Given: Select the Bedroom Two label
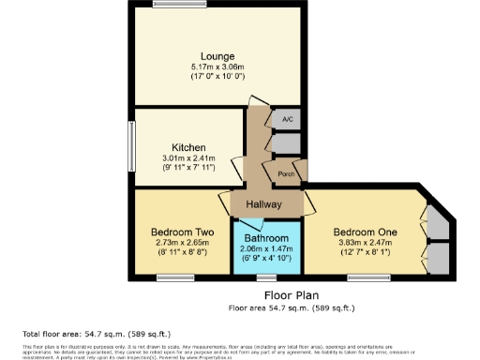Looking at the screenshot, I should pos(184,232).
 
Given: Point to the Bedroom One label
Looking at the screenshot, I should pos(366,232).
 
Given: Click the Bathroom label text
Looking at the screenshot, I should pos(267,238).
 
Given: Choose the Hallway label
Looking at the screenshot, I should pos(264,205).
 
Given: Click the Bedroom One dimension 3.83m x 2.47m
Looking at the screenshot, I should pos(366,243).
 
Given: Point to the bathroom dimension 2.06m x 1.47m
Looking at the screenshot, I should pos(267,248).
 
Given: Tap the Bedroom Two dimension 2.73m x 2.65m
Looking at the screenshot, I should pos(184,243).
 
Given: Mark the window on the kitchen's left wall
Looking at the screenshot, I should pos(132,146).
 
